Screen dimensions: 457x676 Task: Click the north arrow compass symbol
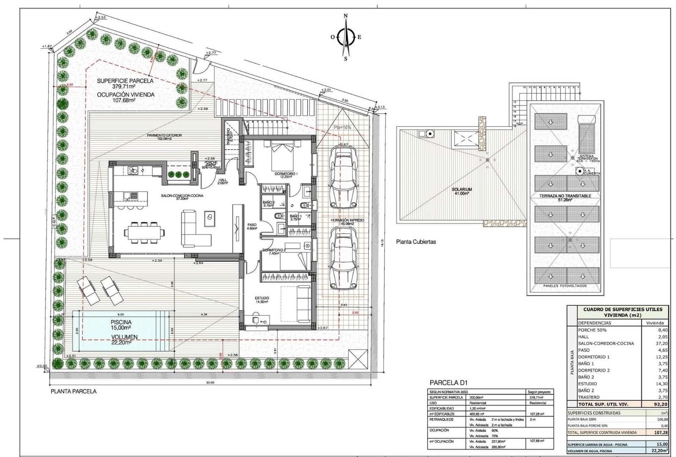click(346, 37)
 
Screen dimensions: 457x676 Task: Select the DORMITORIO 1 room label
click(286, 174)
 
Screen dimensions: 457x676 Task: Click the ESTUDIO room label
click(262, 298)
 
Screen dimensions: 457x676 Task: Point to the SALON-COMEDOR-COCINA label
click(182, 196)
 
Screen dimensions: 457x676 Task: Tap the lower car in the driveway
click(343, 258)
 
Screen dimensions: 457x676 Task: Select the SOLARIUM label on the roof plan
click(461, 190)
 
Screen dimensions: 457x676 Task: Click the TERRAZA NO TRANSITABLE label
click(565, 196)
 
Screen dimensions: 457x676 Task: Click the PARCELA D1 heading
click(448, 383)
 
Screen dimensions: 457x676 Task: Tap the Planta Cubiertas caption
click(416, 242)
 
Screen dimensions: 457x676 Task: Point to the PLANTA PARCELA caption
click(74, 392)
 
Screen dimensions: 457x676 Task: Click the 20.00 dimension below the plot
click(210, 383)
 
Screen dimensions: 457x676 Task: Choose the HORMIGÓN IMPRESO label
click(347, 220)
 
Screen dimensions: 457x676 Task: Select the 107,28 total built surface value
click(661, 433)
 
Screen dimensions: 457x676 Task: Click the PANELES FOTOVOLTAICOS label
click(564, 286)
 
